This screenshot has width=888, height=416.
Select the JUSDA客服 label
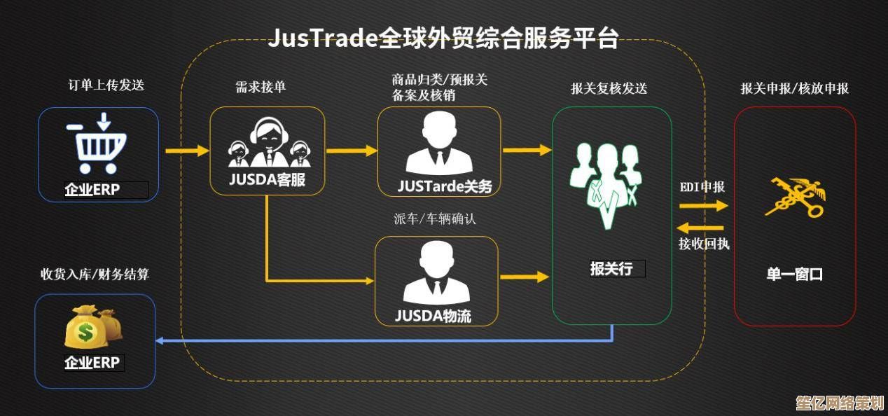267,179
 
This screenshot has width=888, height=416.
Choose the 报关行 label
611,268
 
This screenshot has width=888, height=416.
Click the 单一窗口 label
794,275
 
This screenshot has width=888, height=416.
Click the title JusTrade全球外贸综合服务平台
443,39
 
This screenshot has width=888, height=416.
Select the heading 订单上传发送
106,85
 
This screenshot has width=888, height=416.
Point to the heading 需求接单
261,88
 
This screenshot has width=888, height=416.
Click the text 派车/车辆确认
434,219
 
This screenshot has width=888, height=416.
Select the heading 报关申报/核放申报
794,89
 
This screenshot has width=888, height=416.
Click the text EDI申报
702,187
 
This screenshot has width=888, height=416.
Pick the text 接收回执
703,244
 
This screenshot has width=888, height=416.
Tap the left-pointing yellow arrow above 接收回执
701,228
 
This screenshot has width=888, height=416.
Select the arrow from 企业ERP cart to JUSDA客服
187,151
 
